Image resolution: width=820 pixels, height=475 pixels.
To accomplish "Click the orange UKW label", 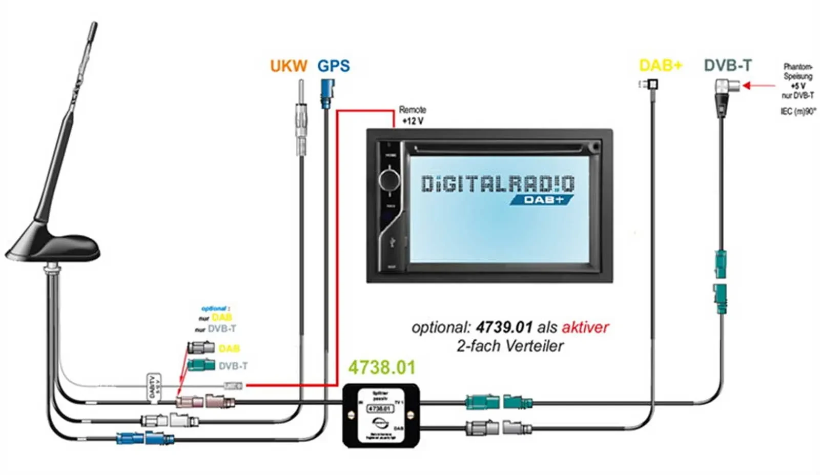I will pyautogui.click(x=289, y=66).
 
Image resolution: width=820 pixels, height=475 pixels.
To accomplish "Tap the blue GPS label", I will pyautogui.click(x=334, y=66).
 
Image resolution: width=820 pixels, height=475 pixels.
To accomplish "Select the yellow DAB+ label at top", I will pyautogui.click(x=661, y=66).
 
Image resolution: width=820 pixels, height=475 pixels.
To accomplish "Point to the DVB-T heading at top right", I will pyautogui.click(x=728, y=66).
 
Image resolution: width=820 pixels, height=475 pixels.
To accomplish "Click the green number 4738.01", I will pyautogui.click(x=382, y=367).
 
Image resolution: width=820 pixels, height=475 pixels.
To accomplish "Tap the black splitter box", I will pyautogui.click(x=380, y=416).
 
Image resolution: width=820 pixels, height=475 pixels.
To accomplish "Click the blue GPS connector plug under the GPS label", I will pyautogui.click(x=327, y=93).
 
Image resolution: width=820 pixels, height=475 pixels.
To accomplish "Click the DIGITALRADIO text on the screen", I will pyautogui.click(x=498, y=183).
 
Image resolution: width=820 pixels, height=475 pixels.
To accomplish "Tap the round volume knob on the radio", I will pyautogui.click(x=389, y=179).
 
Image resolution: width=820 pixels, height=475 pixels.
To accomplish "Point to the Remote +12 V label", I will pyautogui.click(x=413, y=115).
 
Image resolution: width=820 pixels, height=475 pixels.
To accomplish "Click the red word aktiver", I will pyautogui.click(x=585, y=327).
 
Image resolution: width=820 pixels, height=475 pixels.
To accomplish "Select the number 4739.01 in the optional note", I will pyautogui.click(x=504, y=327).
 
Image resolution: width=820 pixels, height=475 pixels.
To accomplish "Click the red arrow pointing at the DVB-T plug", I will pyautogui.click(x=758, y=86).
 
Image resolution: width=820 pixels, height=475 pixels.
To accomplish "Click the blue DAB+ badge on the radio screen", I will pyautogui.click(x=542, y=199).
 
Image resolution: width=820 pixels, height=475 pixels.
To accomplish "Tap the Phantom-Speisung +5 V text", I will pyautogui.click(x=797, y=80).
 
